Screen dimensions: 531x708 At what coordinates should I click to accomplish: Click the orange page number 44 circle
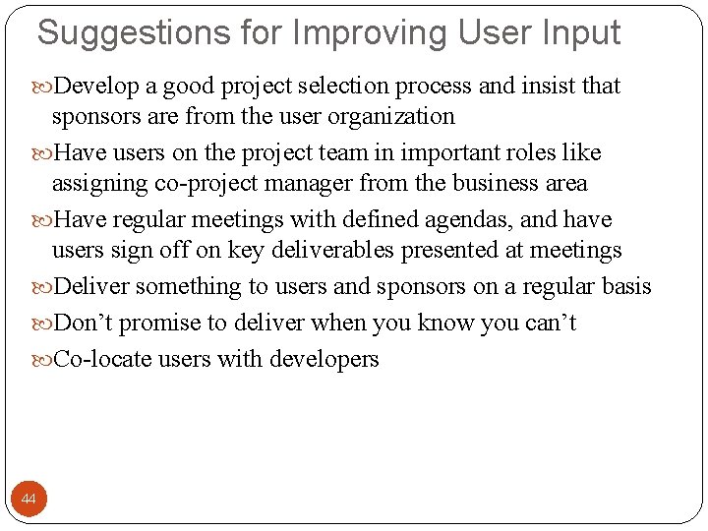coord(29,500)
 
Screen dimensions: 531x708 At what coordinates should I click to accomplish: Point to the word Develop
coord(95,86)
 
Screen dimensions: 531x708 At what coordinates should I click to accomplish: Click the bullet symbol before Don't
coord(43,324)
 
